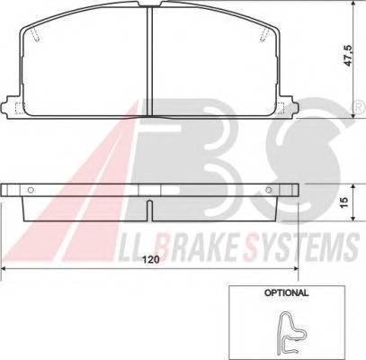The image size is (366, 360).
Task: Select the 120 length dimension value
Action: [151, 259]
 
